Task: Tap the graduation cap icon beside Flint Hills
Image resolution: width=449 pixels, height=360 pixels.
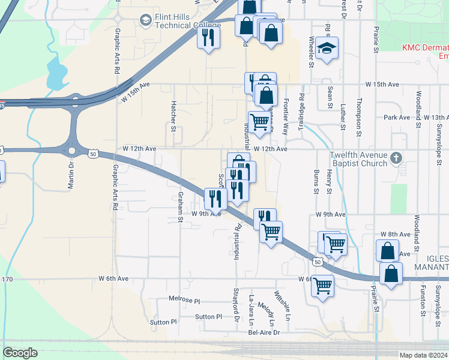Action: point(145,21)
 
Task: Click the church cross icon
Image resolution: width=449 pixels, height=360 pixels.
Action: point(396,158)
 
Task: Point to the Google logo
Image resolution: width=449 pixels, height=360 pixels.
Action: point(20,353)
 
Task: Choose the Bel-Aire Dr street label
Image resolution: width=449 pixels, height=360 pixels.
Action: point(264,332)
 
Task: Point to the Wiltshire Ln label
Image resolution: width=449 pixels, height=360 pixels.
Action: point(283,305)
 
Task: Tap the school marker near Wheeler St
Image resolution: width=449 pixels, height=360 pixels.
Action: point(327,49)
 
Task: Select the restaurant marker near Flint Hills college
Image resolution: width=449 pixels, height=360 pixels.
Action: point(208,38)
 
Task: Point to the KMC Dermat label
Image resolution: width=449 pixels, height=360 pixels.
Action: point(424,47)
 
